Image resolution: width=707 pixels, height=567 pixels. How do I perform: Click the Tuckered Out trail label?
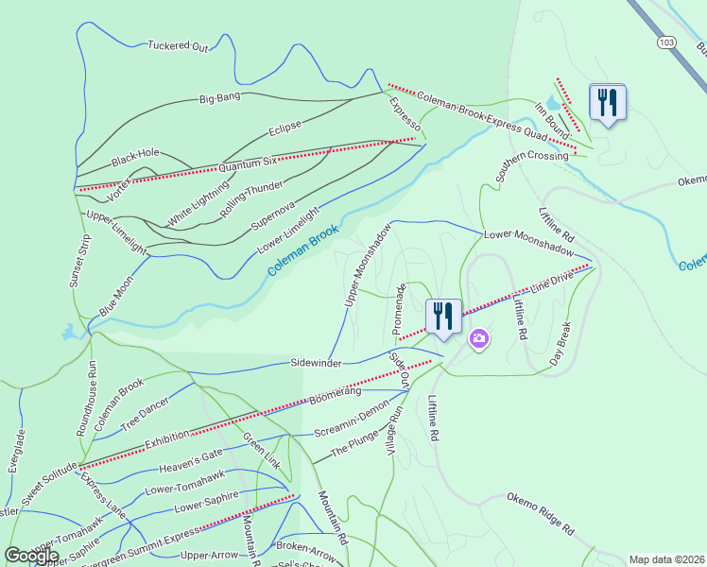pos(177,44)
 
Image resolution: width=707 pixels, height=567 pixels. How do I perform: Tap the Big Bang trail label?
pos(219,97)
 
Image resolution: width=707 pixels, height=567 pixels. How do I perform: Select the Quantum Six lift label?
pos(249,164)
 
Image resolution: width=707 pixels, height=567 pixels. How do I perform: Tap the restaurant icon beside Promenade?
pos(443,316)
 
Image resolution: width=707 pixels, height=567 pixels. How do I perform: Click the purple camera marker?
pos(479,338)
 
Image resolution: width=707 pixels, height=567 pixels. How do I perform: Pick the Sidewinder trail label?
pos(316,363)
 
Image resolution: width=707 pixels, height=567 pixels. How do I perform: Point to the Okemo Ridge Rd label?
pos(540,513)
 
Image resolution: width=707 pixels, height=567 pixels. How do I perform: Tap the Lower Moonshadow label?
pos(528,243)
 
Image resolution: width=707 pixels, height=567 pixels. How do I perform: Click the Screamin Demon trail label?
pos(352,431)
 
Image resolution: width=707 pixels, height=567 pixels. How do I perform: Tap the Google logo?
pos(31,556)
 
